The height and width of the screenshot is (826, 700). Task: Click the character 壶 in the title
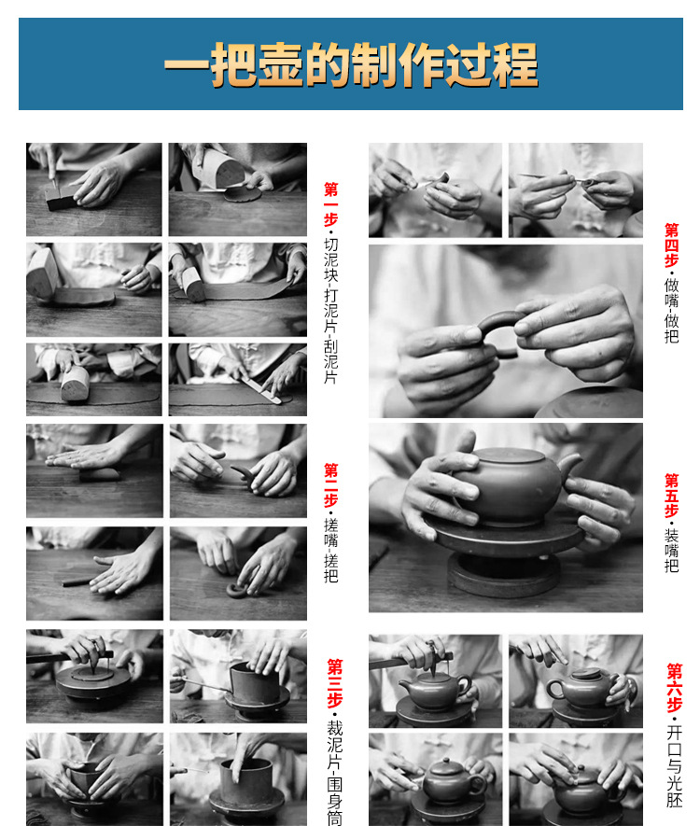point(280,64)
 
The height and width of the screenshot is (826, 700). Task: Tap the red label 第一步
point(330,204)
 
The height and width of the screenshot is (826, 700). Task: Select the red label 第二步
point(330,485)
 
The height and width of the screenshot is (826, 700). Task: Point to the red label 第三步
point(334,683)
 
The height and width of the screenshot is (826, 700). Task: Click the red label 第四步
point(672,245)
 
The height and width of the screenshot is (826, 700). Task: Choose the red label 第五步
point(672,496)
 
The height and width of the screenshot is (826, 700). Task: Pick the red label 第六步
point(674,688)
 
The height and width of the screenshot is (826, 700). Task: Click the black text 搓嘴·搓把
point(330,550)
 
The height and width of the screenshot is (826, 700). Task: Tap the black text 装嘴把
point(672,551)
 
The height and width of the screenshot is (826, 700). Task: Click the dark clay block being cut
point(61,199)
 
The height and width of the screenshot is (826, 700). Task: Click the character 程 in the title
point(516,64)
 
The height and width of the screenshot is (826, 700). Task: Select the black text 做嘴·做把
point(672,310)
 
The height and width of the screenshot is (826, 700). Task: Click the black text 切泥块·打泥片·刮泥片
point(330,311)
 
